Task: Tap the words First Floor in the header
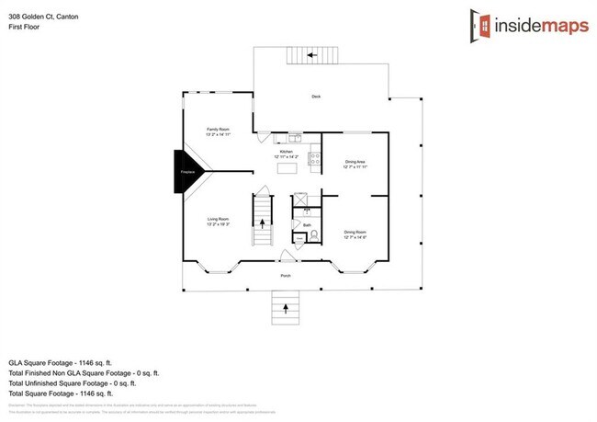coord(25,27)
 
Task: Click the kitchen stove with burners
coord(315,157)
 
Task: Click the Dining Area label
coord(355,164)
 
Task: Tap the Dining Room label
coord(355,234)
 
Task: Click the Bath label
coord(307,223)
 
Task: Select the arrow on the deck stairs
coord(311,55)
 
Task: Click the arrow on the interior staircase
coord(263,221)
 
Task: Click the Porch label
coord(286,274)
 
